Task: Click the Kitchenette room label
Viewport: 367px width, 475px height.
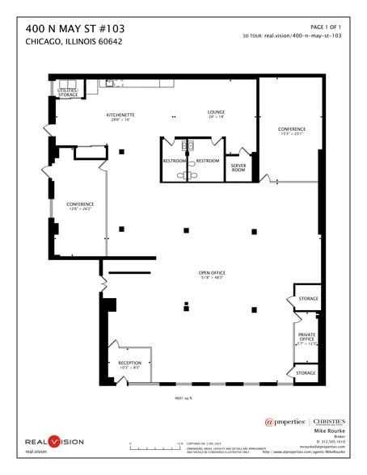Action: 120,116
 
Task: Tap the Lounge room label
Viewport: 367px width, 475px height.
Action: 215,112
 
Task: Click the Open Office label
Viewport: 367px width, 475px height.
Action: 212,273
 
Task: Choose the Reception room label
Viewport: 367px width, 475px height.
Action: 129,364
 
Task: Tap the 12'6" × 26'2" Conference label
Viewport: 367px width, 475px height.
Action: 80,205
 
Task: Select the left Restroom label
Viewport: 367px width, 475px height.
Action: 174,161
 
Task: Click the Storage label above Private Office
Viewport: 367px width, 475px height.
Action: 307,299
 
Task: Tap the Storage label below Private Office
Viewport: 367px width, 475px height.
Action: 306,373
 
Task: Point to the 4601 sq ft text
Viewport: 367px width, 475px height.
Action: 183,397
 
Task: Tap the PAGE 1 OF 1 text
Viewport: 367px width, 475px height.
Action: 327,27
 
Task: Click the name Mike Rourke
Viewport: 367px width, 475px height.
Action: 329,433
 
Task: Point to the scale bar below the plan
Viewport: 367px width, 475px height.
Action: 155,445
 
